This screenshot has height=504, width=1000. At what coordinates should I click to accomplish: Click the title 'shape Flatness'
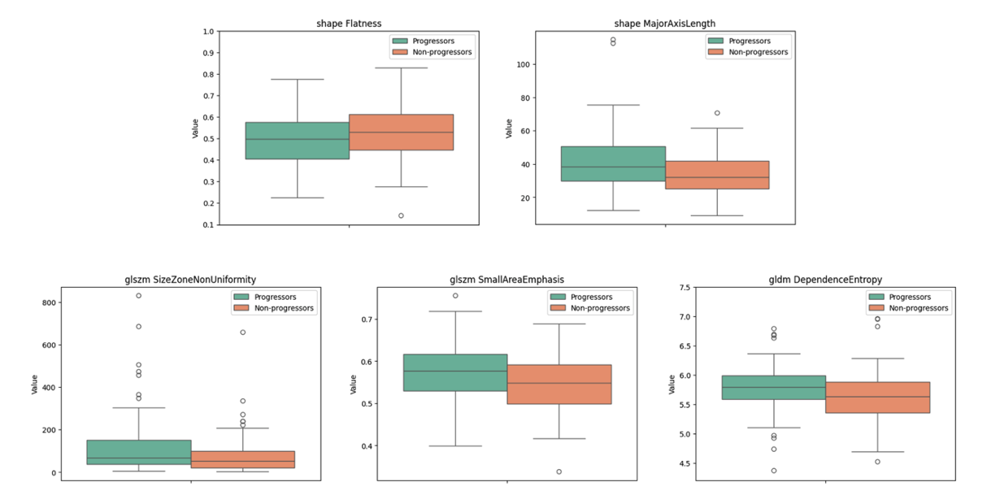(x=349, y=24)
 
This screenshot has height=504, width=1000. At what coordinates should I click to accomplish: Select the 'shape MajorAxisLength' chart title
(x=665, y=24)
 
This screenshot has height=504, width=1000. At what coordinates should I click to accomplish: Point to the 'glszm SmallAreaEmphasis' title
(x=507, y=280)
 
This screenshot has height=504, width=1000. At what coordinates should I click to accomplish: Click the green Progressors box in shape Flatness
(x=297, y=140)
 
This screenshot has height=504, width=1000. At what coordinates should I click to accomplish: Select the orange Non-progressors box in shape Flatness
(x=401, y=132)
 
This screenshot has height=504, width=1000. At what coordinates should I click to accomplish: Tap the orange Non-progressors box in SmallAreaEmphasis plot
(x=559, y=384)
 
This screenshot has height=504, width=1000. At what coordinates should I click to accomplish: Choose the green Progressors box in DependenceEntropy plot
(x=773, y=387)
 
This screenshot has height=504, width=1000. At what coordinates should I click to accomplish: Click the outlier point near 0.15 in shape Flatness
(x=401, y=215)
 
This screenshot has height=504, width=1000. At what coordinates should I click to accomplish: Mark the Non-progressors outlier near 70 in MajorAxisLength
(x=717, y=113)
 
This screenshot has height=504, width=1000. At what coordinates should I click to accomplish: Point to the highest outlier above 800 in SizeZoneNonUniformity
(x=139, y=296)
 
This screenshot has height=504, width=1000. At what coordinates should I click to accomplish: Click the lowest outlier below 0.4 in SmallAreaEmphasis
(x=559, y=471)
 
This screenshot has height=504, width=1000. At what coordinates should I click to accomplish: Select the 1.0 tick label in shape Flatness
(x=208, y=32)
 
